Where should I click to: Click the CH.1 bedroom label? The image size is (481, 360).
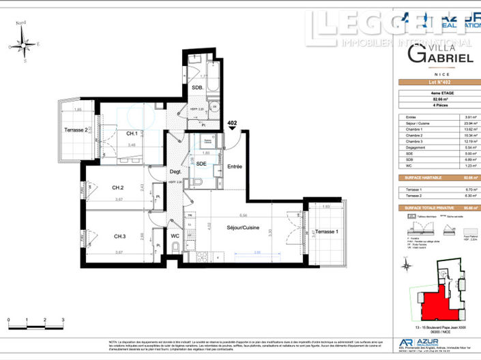[132, 134]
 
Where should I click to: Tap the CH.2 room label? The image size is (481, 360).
[117, 187]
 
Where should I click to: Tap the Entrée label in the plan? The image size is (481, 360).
[235, 166]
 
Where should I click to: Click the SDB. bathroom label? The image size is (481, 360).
[196, 88]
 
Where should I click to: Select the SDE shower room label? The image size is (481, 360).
[201, 164]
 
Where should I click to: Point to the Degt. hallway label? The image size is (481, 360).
[175, 172]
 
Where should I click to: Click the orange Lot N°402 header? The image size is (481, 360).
[439, 83]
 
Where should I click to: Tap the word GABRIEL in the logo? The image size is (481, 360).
[441, 59]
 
